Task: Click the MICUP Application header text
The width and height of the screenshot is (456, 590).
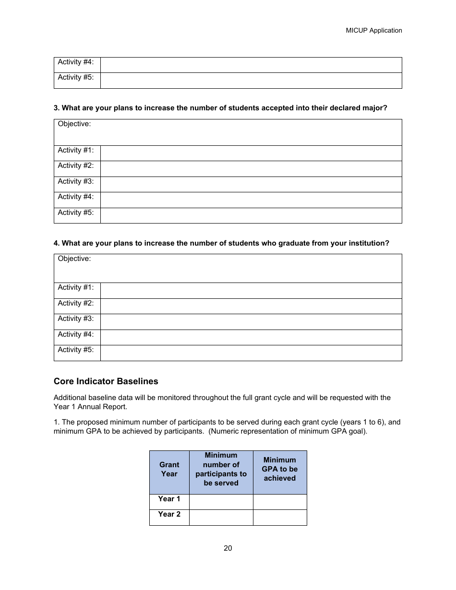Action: (373, 30)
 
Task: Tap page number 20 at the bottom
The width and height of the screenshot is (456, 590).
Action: (228, 548)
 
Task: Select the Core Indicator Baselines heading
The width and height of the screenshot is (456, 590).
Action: (106, 381)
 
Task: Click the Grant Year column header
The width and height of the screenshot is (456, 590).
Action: (169, 469)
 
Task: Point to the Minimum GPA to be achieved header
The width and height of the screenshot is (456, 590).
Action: (279, 469)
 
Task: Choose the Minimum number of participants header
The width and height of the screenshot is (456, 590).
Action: (221, 469)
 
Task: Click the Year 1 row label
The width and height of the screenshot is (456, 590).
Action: (169, 499)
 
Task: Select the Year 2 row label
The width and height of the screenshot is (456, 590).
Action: (169, 514)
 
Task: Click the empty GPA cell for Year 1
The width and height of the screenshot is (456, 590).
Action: (280, 502)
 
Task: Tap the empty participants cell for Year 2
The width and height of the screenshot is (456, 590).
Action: (221, 517)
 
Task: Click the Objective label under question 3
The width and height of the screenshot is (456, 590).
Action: (74, 124)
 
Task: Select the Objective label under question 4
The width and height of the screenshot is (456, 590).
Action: (74, 259)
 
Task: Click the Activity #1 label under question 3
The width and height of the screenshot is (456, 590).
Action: (76, 151)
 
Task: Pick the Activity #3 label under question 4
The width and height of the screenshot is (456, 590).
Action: (76, 319)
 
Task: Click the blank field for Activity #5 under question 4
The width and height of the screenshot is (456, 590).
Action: (251, 353)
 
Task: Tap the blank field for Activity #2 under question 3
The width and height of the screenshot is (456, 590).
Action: (251, 169)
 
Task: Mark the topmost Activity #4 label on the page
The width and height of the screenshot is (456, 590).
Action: (76, 62)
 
